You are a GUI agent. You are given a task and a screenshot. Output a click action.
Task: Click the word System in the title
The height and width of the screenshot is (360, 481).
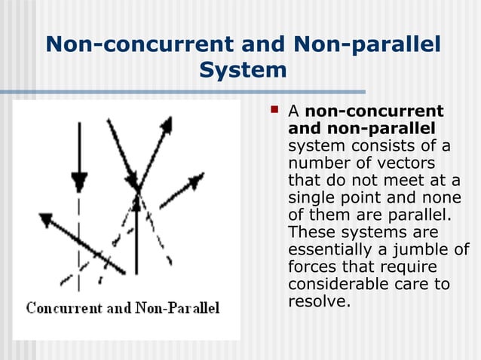click(244, 70)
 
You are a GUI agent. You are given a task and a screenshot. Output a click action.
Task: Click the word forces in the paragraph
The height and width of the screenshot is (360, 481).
click(312, 267)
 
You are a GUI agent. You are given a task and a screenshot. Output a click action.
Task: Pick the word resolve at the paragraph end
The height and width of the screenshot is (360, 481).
click(319, 302)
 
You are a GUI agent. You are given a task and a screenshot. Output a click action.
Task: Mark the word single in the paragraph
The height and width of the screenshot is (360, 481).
click(313, 197)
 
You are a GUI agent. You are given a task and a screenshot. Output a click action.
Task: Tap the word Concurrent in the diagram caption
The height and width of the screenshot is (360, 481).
click(63, 308)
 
